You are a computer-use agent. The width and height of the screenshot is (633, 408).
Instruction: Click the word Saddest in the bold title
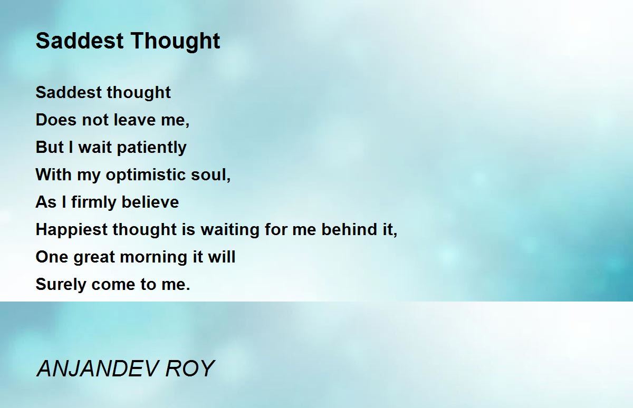click(80, 41)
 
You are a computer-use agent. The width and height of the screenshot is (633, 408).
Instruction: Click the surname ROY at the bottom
click(190, 369)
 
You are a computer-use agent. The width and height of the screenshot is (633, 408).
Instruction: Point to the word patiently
click(151, 148)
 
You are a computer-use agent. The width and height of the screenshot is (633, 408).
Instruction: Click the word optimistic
click(146, 175)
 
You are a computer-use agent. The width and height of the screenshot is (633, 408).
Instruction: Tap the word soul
click(210, 175)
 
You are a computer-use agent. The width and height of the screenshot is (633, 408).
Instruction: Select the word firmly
click(94, 202)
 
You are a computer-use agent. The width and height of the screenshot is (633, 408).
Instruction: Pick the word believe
click(150, 202)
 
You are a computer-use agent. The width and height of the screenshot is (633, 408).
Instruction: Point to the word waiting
click(230, 230)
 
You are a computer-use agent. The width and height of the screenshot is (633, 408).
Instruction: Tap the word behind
click(349, 229)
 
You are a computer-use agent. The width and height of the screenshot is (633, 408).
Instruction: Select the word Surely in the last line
click(61, 285)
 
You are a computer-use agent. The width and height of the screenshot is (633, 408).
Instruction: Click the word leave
click(135, 120)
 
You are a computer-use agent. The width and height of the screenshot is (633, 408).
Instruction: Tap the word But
click(50, 147)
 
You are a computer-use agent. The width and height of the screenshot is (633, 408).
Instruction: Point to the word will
click(222, 256)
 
